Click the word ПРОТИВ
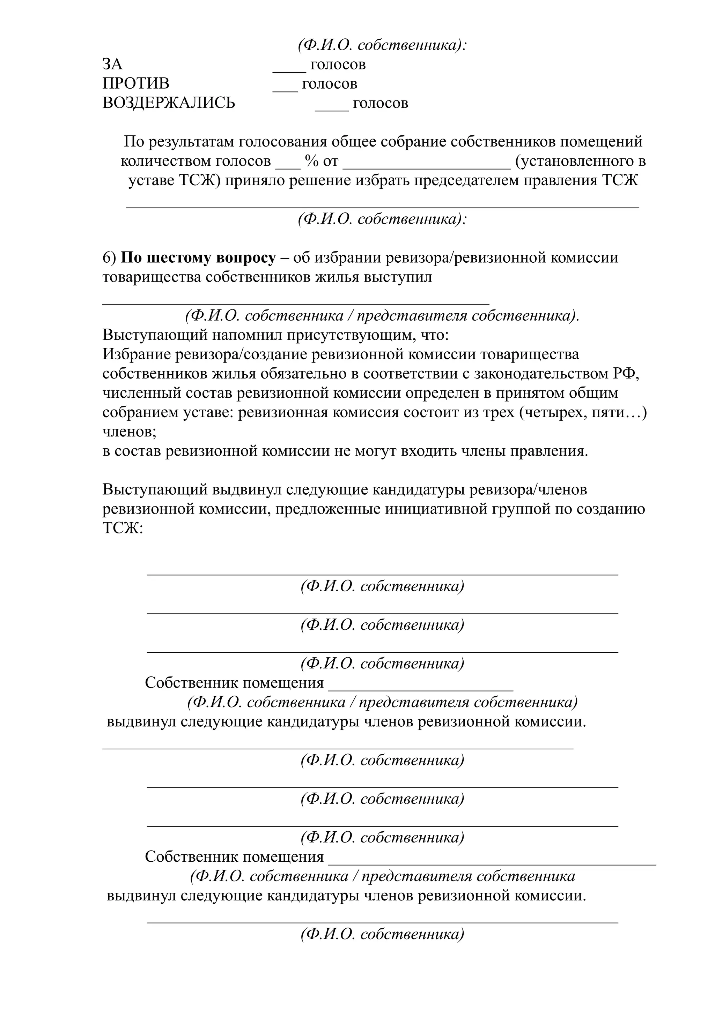point(136,84)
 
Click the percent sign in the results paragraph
point(311,161)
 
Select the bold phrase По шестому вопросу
point(198,257)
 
